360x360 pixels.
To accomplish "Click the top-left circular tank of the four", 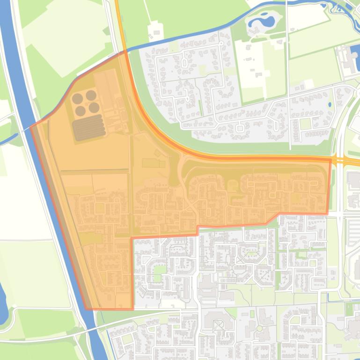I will click(77, 99).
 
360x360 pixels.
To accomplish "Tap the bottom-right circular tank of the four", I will click(94, 108).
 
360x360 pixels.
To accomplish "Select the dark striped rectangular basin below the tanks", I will click(89, 128).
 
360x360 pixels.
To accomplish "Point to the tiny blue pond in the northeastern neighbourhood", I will click(330, 104).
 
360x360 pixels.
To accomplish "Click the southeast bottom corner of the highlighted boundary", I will click(133, 309).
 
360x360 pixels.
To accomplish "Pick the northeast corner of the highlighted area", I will click(331, 160).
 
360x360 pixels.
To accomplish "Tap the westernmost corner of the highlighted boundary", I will click(30, 126).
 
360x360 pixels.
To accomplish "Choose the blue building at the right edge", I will click(353, 58).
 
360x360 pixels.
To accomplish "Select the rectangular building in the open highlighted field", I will click(154, 163).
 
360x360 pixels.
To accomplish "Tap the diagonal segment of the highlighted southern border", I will click(272, 218).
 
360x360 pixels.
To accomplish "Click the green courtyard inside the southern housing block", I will click(160, 270).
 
